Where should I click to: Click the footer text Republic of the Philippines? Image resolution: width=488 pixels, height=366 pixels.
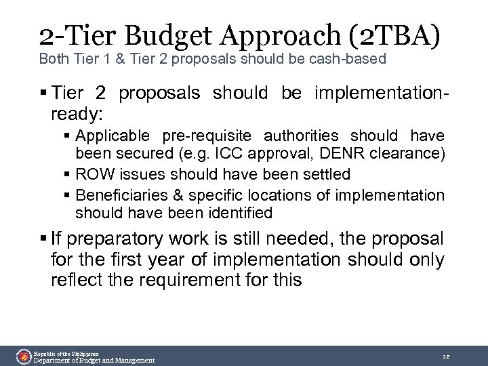[66, 353]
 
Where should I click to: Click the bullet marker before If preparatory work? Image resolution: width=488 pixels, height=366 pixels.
[43, 239]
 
